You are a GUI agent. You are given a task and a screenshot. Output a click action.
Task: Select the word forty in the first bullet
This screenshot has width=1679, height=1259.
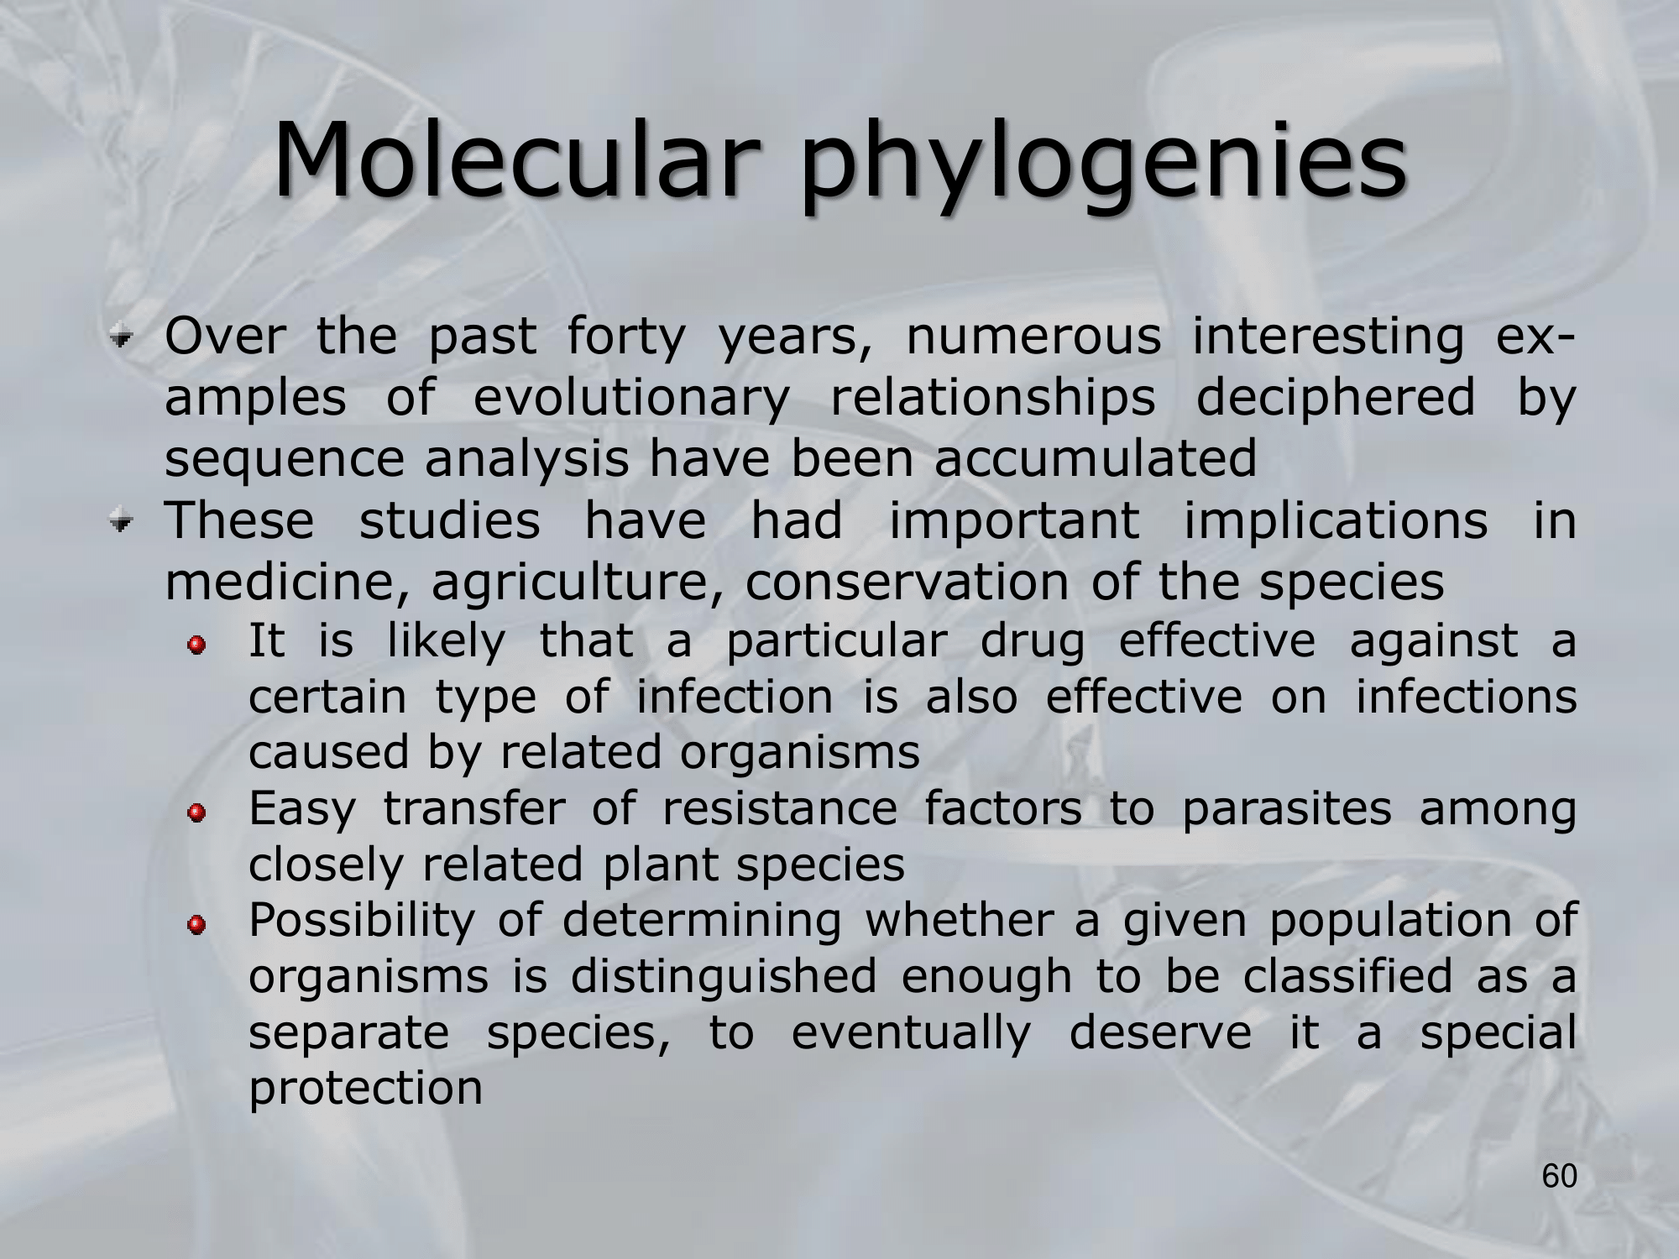point(626,337)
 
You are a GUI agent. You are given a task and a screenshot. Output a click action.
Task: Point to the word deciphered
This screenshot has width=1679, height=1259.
point(1334,398)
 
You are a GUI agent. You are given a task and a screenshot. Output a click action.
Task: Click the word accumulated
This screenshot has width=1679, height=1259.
point(1096,458)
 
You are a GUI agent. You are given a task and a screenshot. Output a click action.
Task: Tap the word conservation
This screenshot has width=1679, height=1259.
point(907,582)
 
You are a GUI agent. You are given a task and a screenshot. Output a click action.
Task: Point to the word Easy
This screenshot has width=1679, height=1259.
point(302,811)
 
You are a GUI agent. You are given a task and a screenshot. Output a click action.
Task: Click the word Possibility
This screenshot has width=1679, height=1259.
point(363,922)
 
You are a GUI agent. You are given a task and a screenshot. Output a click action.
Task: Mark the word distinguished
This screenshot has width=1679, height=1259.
point(724,978)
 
